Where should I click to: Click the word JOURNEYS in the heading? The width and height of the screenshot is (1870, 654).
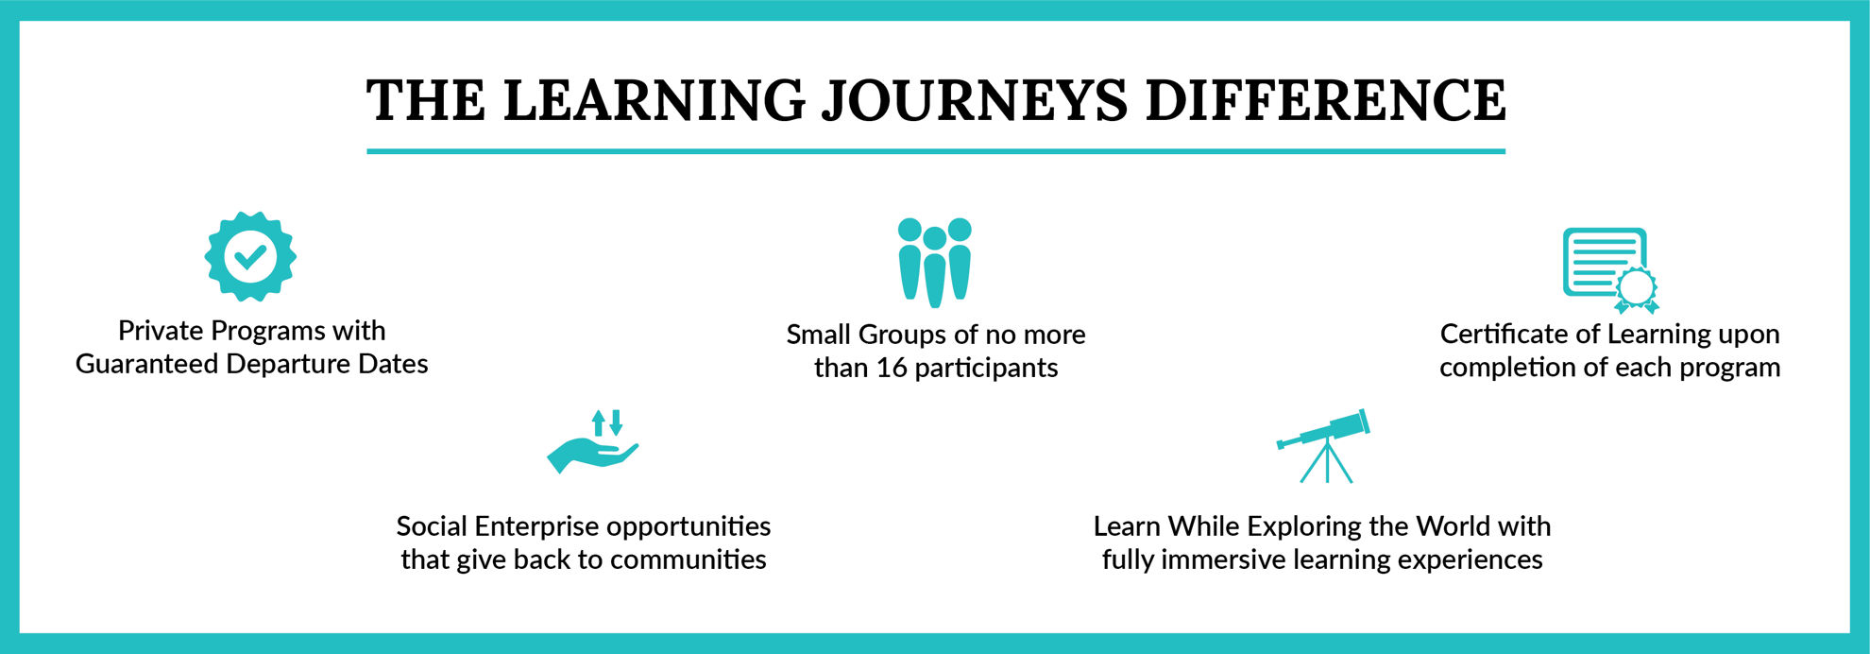pos(975,101)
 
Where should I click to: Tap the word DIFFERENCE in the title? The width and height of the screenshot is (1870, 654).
pos(1326,100)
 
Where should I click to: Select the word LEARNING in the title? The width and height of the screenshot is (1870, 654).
pos(654,100)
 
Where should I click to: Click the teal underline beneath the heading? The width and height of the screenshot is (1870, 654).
pos(936,151)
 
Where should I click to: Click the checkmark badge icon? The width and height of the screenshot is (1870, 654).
pos(250,256)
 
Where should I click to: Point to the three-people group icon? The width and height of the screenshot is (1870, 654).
pos(935,262)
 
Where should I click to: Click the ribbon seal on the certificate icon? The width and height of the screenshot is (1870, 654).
pos(1637,290)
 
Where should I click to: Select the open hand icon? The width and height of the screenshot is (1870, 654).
pos(592,455)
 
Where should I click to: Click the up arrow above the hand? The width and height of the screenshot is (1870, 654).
pos(598,422)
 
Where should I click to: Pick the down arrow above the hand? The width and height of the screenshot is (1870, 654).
pos(616,422)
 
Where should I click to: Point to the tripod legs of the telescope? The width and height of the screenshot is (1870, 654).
pos(1326,462)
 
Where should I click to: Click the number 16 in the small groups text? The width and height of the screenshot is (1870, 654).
pos(891,368)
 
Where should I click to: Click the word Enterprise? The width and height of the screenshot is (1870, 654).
pos(536,526)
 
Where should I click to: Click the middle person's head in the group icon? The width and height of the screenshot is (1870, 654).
pos(935,238)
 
